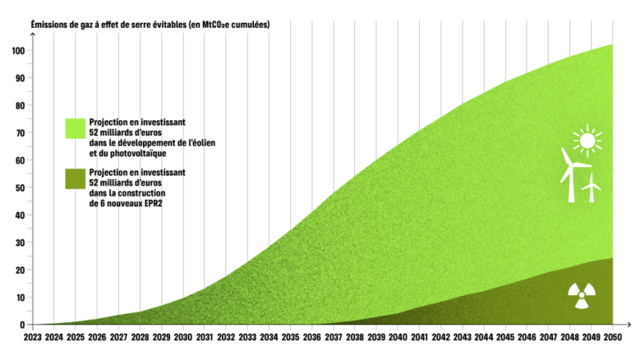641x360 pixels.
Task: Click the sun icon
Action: (586, 141)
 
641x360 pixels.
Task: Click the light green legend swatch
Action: (76, 130)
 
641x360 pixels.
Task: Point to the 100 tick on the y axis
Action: (17, 50)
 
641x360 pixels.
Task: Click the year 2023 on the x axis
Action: (33, 336)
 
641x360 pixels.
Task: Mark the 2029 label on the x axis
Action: (162, 336)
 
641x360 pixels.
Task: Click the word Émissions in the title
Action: (49, 25)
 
